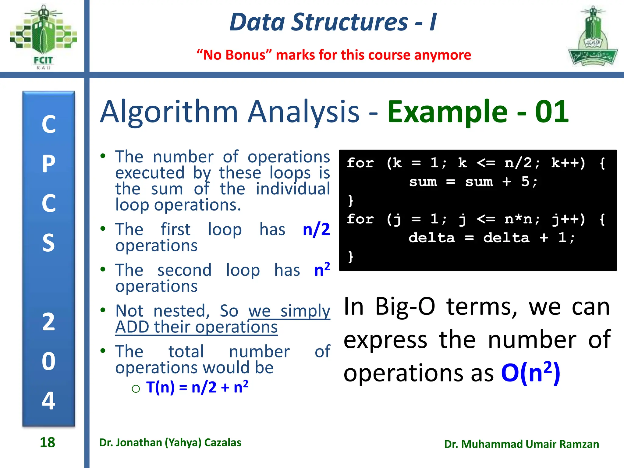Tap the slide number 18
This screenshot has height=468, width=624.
tap(48, 442)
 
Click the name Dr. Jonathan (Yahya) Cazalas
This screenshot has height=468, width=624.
tap(170, 442)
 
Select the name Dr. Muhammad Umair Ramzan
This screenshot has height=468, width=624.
tap(521, 444)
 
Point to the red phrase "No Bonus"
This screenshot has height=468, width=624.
tap(234, 55)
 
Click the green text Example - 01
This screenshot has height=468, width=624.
tap(477, 112)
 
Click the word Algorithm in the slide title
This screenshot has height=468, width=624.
tap(169, 112)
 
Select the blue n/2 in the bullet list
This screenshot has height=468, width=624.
tap(316, 229)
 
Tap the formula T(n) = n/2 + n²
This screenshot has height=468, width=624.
tap(197, 387)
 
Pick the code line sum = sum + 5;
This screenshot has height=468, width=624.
tap(473, 182)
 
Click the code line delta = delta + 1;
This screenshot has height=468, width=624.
tap(491, 238)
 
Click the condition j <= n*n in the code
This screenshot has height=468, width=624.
tap(498, 219)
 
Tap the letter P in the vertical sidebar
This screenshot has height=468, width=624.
tap(49, 164)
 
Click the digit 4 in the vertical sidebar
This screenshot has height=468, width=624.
tap(49, 400)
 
